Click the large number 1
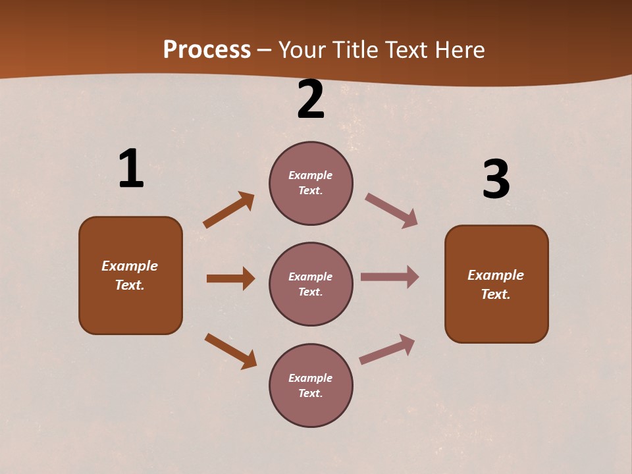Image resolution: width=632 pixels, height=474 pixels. coord(131,169)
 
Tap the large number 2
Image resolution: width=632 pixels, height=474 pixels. coord(311,99)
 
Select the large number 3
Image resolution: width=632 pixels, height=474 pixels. coord(496,180)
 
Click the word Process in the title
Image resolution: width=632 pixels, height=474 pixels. coord(207,49)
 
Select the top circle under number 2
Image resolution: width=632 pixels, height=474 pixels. coord(311,183)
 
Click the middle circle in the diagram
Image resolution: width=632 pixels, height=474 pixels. coord(311,284)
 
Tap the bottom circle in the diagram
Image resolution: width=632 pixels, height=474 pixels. coord(311,385)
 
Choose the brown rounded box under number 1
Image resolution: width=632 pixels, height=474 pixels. coord(130,275)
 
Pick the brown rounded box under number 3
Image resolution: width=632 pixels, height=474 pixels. coord(496,284)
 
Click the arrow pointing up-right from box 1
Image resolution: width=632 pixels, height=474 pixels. coord(229,209)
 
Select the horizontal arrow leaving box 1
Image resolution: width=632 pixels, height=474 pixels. coord(230,278)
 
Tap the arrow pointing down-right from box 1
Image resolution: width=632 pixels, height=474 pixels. coord(231,351)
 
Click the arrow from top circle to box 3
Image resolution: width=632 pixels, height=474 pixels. coord(392,211)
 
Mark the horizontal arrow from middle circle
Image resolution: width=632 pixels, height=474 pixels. coord(390,277)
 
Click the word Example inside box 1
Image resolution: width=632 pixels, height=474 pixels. coord(130,266)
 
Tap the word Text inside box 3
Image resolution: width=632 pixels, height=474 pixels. coord(495,294)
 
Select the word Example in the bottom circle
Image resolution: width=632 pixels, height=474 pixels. coord(311,378)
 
